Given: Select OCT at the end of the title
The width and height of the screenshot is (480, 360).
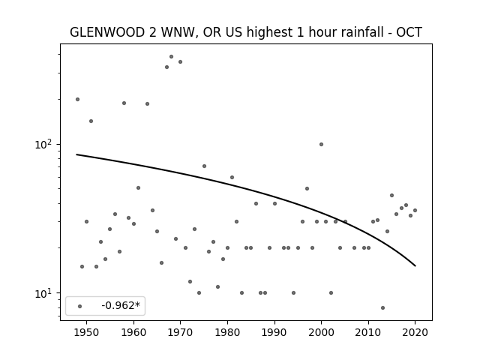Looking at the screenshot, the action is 409,32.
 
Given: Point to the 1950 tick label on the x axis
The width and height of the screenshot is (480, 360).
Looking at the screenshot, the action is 86,332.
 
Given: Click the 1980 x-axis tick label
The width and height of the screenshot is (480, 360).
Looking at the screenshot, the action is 227,332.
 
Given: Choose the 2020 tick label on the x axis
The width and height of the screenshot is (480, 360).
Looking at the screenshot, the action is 415,332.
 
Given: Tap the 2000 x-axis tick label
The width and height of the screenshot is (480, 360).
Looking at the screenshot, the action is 321,332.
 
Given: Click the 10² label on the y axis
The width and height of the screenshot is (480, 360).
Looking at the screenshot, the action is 44,144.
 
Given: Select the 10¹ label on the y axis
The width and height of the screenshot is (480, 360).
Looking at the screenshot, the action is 44,293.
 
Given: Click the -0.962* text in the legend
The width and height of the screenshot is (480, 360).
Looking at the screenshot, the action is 121,305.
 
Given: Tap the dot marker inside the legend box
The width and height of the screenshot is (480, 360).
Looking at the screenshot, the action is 80,306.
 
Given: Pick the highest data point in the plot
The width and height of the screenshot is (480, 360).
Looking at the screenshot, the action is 172,57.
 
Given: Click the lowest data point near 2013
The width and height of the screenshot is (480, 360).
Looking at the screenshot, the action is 382,308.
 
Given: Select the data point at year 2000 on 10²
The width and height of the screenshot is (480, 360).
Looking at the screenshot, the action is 321,145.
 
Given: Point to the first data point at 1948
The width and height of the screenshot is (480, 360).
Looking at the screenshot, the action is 77,100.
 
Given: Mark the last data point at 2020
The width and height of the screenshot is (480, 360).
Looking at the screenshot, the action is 415,210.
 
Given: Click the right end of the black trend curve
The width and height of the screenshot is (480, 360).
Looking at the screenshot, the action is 415,266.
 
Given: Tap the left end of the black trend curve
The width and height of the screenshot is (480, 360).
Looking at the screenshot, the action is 76,154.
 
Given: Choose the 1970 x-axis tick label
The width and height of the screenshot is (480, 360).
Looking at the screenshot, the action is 180,332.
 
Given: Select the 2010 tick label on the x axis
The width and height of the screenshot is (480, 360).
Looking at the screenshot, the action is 368,332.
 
